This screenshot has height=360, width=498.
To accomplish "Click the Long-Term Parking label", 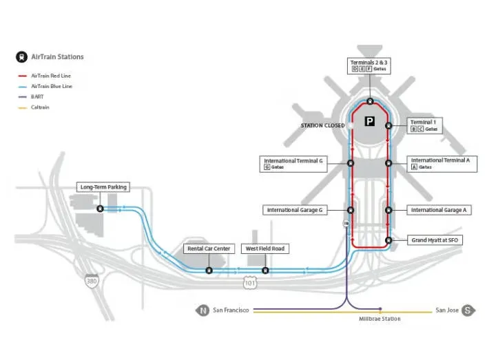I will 103,187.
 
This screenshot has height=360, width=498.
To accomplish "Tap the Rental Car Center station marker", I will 209,270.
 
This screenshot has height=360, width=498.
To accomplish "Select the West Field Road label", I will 265,248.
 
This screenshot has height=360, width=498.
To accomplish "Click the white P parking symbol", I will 370,121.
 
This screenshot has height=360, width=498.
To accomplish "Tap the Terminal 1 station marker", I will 388,126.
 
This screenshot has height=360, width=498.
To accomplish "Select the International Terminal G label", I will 293,163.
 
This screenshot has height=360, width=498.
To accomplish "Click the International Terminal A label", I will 440,163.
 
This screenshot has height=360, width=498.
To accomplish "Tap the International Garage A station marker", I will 388,210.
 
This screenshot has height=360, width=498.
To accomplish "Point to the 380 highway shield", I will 91,281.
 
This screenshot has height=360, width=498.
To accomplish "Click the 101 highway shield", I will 249,282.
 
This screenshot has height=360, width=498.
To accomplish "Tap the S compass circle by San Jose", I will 468,310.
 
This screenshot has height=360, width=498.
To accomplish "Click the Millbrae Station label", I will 380,319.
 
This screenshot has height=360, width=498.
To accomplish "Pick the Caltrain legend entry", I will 40,107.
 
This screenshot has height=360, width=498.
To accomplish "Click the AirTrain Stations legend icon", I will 21,56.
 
